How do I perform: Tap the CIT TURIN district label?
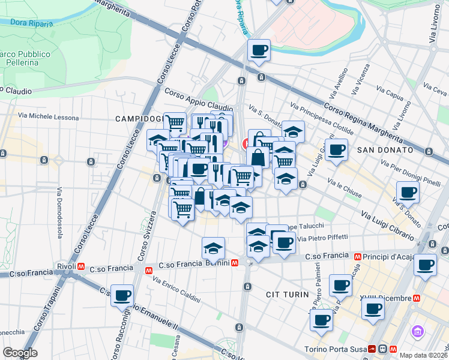(287, 295)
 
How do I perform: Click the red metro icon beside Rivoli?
(80, 266)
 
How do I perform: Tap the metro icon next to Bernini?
(235, 263)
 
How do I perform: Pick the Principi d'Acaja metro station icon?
(358, 256)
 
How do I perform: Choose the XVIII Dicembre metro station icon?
(416, 298)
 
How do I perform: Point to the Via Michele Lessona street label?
(48, 116)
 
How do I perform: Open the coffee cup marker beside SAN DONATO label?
(337, 150)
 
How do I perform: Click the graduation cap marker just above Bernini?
(212, 247)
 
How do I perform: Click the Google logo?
(20, 353)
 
